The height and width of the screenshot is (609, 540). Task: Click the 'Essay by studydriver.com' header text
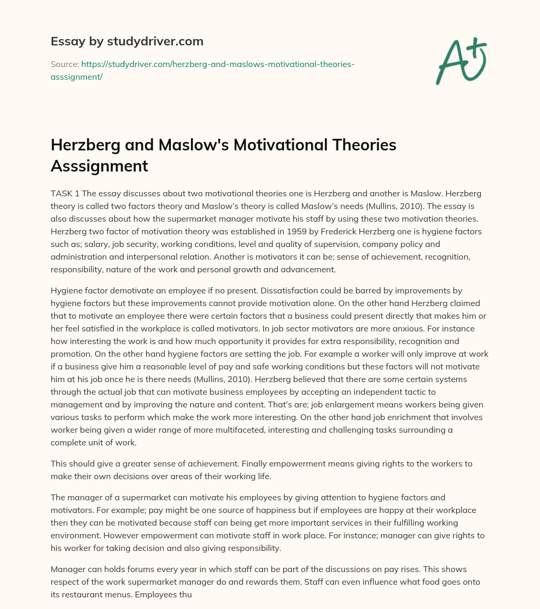127,41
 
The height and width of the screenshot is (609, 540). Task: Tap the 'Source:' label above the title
64,64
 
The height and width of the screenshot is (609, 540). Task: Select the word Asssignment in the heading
99,166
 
